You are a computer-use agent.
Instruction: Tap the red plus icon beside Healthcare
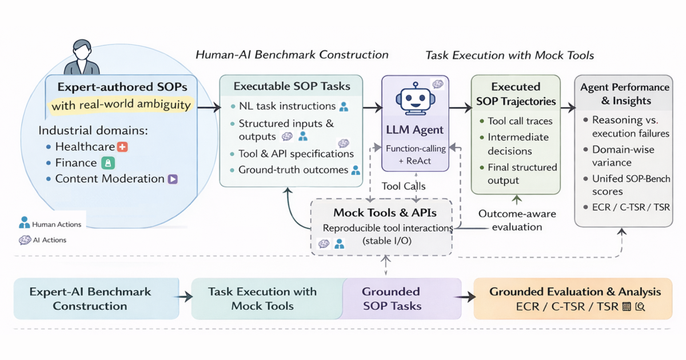(x=122, y=147)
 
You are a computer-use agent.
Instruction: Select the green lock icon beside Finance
(x=108, y=163)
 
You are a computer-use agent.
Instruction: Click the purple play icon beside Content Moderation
(x=173, y=179)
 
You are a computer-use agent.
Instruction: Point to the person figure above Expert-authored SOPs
(x=82, y=57)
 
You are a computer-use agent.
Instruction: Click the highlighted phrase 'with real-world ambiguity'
(x=121, y=105)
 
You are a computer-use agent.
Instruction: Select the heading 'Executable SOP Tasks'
(x=292, y=86)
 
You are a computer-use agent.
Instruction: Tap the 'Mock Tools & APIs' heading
(x=385, y=213)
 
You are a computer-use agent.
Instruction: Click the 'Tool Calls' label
(x=404, y=186)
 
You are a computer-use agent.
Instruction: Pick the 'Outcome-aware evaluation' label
(x=517, y=220)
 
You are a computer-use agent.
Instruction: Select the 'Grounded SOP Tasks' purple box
(x=401, y=298)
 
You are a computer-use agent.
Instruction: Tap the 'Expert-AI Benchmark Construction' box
(x=96, y=298)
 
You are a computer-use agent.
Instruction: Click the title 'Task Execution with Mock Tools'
(x=509, y=55)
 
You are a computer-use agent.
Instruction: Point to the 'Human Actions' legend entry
(x=50, y=223)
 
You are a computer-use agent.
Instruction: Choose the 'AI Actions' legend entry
(x=42, y=240)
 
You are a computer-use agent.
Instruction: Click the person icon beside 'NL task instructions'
(x=344, y=106)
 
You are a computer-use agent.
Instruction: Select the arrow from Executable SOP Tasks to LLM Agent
(x=373, y=107)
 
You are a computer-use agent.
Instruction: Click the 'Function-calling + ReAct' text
(x=416, y=155)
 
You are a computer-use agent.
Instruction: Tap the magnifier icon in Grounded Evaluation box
(x=640, y=306)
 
